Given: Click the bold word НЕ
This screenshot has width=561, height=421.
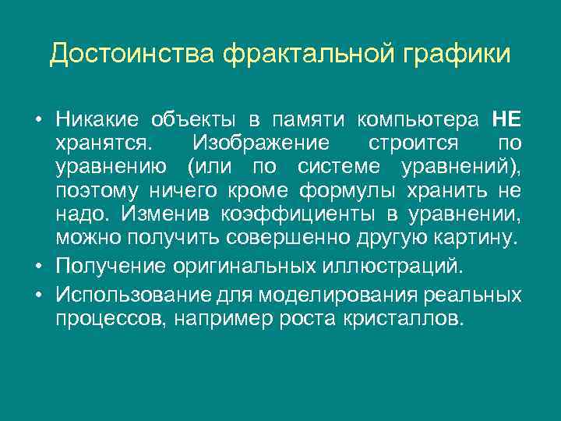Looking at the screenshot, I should click(x=507, y=119).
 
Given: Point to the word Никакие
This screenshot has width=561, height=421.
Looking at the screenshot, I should click(x=97, y=119).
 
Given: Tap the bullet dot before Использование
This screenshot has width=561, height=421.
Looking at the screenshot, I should click(x=38, y=297).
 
